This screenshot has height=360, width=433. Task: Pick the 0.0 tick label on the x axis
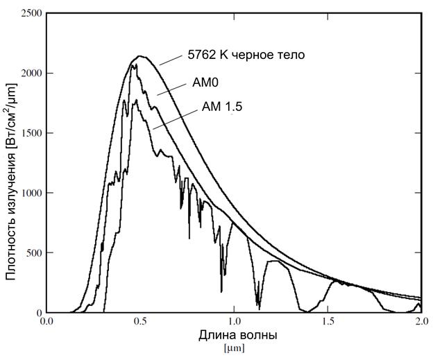click(x=47, y=322)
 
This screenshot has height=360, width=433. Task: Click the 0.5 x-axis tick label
click(x=140, y=322)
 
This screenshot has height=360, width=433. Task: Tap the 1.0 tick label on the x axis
click(x=234, y=322)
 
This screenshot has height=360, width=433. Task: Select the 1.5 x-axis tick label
click(x=327, y=322)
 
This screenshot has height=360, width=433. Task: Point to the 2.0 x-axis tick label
click(x=420, y=322)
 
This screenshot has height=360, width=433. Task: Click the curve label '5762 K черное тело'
click(x=246, y=55)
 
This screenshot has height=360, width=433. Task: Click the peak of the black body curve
click(x=140, y=56)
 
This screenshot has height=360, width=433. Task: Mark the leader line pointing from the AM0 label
click(x=173, y=89)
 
